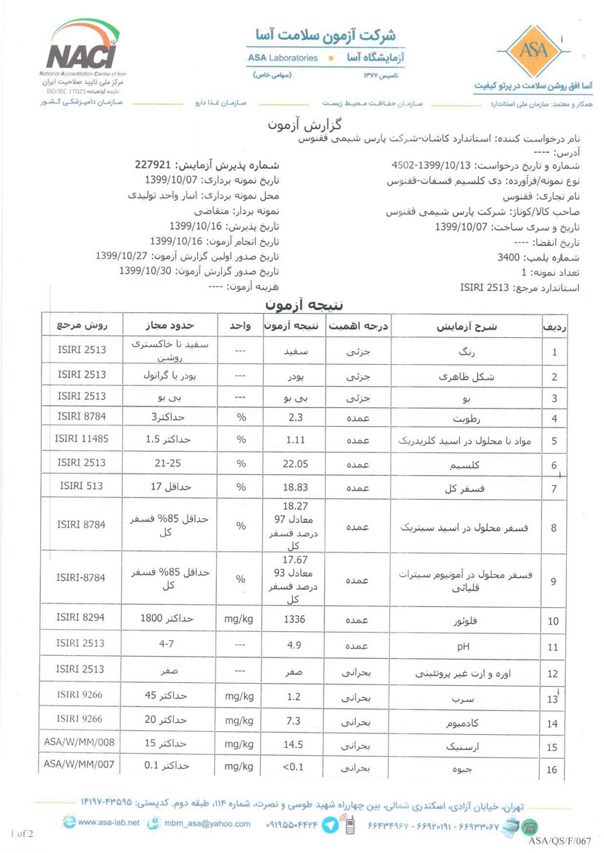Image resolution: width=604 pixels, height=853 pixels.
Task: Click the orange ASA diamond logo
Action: point(528,50)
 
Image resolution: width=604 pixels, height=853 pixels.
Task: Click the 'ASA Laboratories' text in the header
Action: point(283,58)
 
